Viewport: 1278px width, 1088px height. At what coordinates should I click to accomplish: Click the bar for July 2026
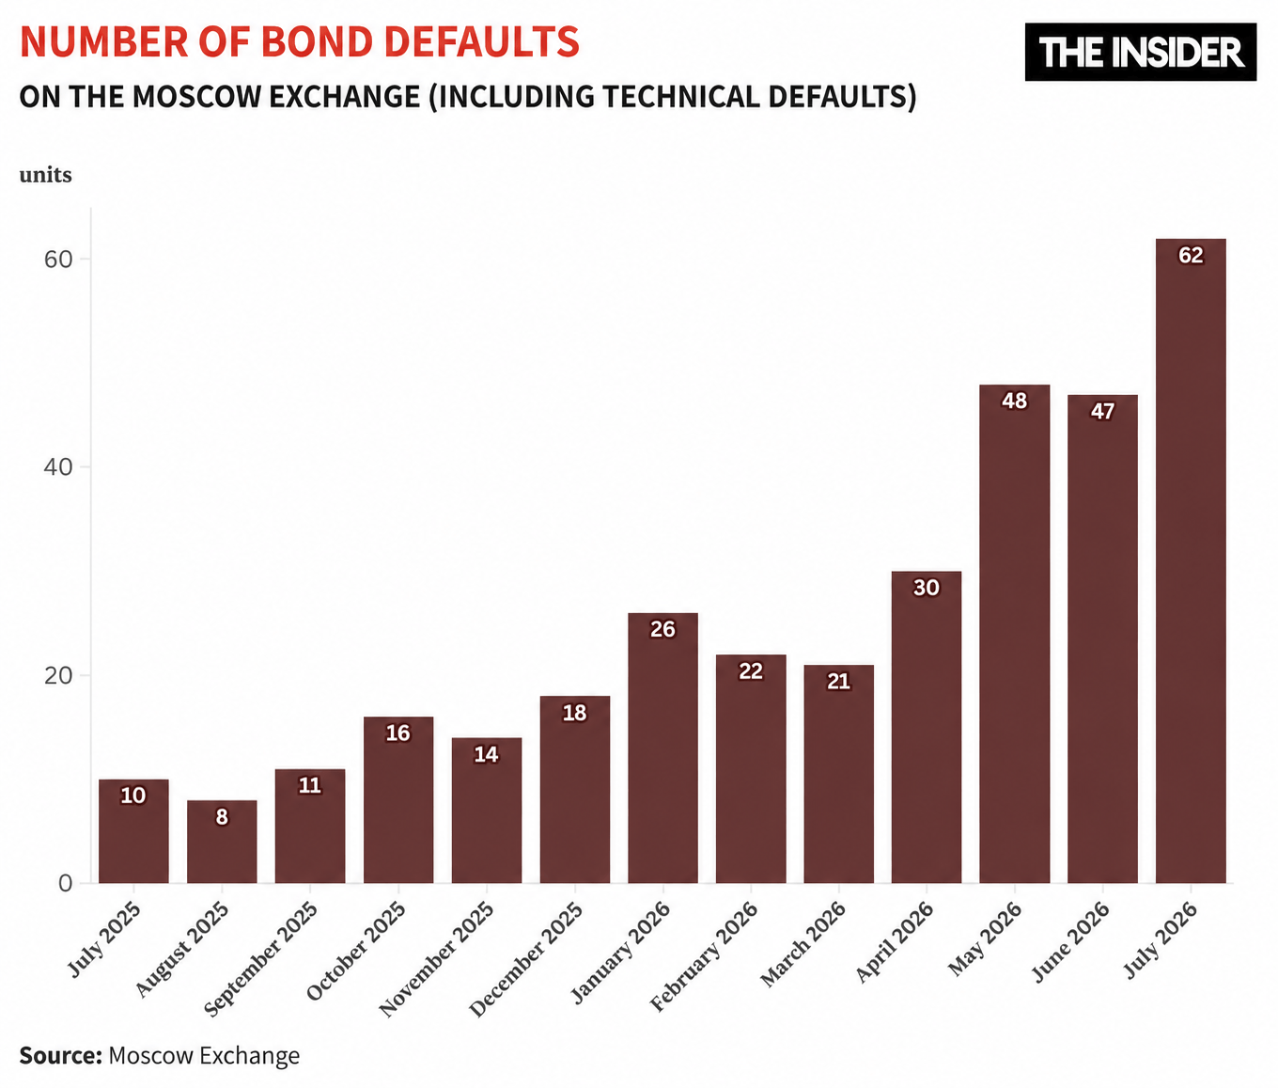(x=1191, y=560)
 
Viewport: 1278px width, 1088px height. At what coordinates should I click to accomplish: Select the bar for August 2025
(x=222, y=842)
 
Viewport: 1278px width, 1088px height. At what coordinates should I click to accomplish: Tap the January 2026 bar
(x=662, y=748)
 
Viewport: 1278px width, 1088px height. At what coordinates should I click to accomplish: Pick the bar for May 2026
(x=1015, y=634)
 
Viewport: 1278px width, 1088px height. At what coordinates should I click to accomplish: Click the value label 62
(x=1191, y=255)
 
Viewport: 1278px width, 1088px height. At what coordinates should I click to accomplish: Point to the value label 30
(x=927, y=588)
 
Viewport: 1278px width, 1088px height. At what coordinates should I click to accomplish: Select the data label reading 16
(x=398, y=733)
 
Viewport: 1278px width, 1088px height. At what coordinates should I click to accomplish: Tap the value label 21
(x=838, y=682)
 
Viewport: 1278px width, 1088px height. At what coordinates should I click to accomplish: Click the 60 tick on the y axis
(x=59, y=260)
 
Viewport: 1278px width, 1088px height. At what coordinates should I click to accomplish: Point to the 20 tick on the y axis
(x=59, y=675)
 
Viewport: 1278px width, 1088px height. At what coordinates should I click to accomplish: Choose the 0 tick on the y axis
(x=66, y=883)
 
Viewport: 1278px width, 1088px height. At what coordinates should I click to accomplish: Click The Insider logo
(x=1141, y=52)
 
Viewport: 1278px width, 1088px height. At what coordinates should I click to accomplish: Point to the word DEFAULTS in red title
(x=482, y=41)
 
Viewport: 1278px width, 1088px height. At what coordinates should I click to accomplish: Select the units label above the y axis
(x=46, y=175)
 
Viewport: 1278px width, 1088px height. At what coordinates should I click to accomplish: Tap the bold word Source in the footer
(x=60, y=1055)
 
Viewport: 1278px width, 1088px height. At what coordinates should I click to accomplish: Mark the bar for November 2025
(x=487, y=810)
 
